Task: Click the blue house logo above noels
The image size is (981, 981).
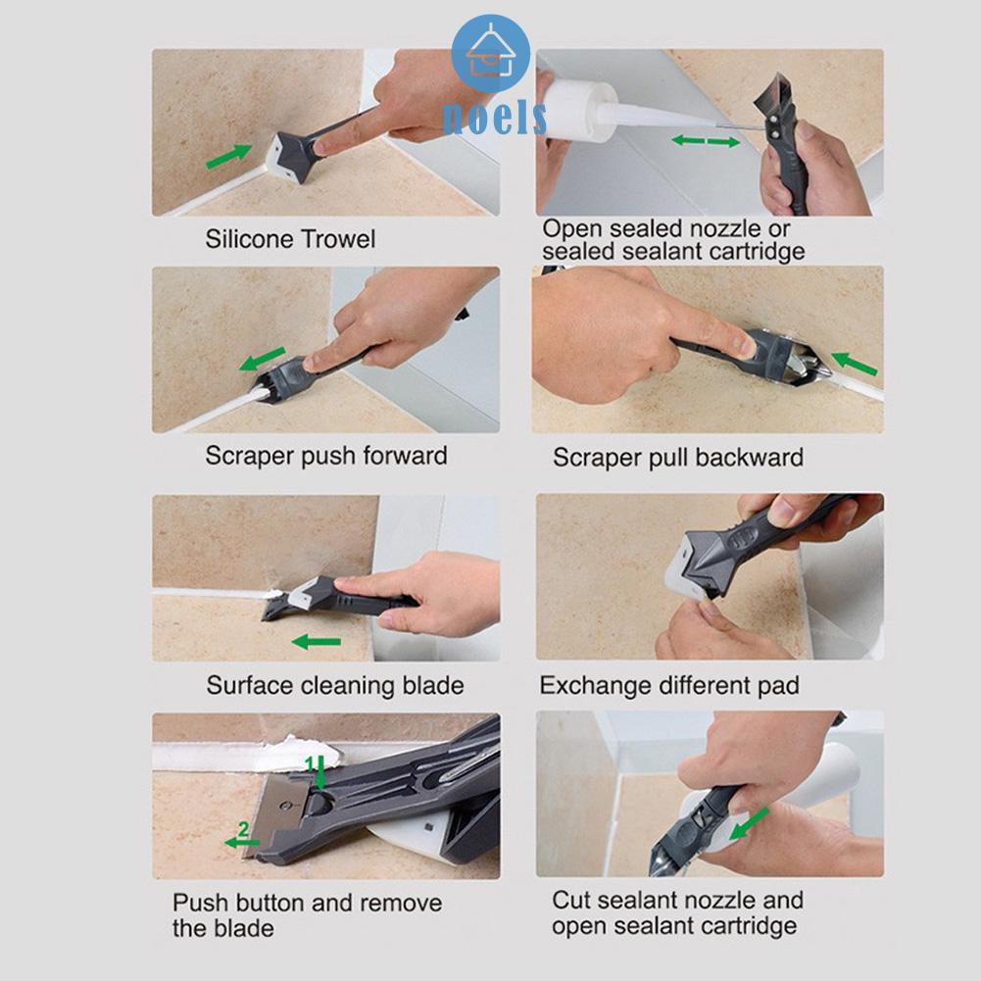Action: [x=490, y=54]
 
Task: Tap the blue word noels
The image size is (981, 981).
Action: [x=494, y=118]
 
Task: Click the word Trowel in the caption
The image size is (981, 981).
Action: [x=338, y=239]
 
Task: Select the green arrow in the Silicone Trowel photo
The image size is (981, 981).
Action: [x=229, y=156]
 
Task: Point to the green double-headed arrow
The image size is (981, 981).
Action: [x=706, y=141]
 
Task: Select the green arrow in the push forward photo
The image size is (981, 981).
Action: [x=263, y=359]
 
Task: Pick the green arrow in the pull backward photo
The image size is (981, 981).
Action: [x=854, y=364]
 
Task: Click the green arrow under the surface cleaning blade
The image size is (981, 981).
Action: [x=317, y=642]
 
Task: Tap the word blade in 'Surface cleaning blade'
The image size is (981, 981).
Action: [x=433, y=686]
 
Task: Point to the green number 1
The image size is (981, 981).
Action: [x=309, y=763]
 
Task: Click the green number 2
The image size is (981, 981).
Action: [x=243, y=830]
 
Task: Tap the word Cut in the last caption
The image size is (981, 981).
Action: [x=570, y=901]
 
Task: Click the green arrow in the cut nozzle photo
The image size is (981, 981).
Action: [x=749, y=823]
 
